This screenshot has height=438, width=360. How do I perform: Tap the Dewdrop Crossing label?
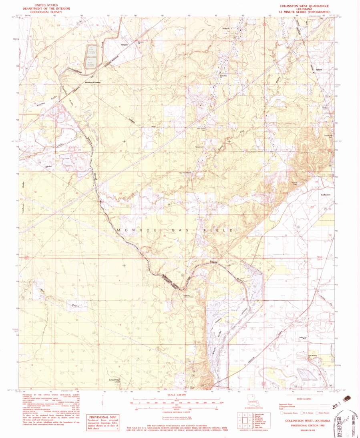pyautogui.click(x=93, y=82)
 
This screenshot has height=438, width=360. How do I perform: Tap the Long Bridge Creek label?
pyautogui.click(x=115, y=381)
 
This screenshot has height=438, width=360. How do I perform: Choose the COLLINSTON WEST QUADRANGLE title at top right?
pyautogui.click(x=306, y=7)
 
